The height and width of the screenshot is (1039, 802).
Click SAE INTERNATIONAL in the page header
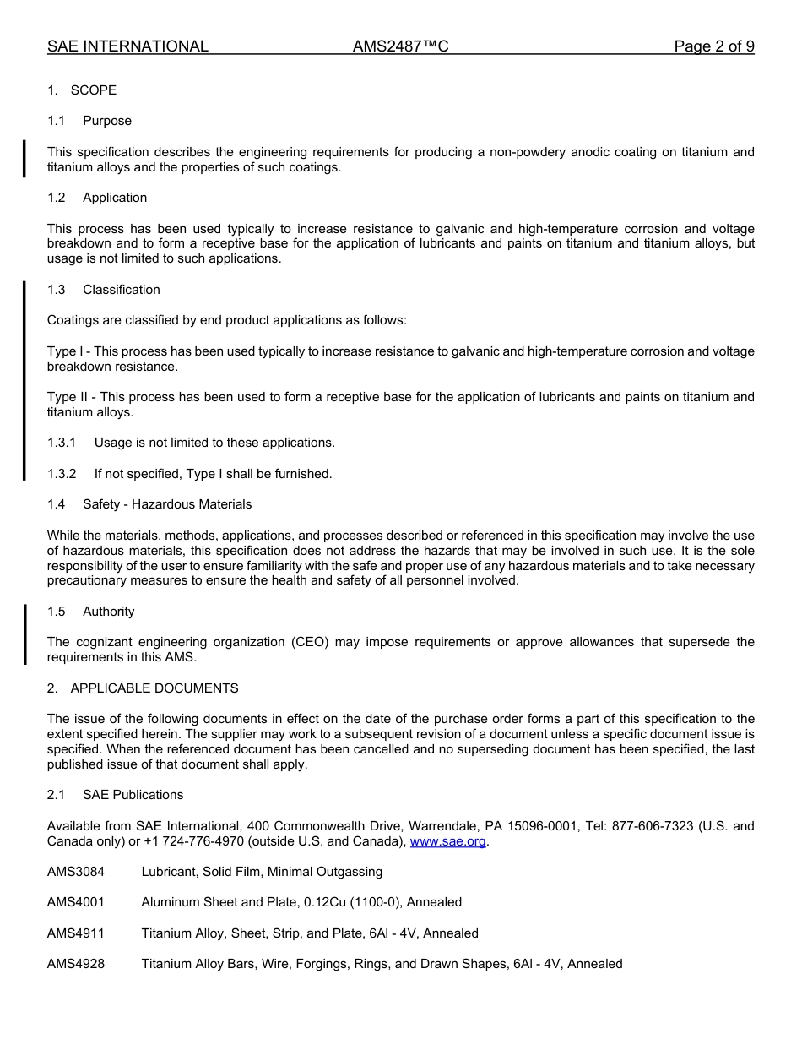tap(127, 46)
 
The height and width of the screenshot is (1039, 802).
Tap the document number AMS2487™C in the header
tap(400, 46)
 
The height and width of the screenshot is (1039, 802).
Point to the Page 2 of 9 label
tap(713, 46)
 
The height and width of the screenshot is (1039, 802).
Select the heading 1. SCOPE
tap(82, 90)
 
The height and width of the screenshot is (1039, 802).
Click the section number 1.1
tap(56, 121)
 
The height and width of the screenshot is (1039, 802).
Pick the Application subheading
tap(115, 198)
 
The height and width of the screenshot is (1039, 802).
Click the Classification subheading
tap(121, 290)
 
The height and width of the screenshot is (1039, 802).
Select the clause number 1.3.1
tap(62, 443)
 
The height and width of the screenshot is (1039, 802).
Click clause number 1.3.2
tap(62, 474)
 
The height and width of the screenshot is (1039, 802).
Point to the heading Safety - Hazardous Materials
tap(167, 504)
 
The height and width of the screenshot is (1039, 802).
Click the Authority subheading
tap(109, 612)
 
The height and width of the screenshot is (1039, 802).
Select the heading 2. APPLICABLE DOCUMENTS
tap(143, 688)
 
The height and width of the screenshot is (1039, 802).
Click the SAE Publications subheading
tap(133, 795)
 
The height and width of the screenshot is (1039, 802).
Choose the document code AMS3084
tap(76, 872)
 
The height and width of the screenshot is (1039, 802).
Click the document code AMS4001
tap(76, 902)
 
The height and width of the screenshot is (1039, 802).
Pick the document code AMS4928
tap(76, 964)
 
